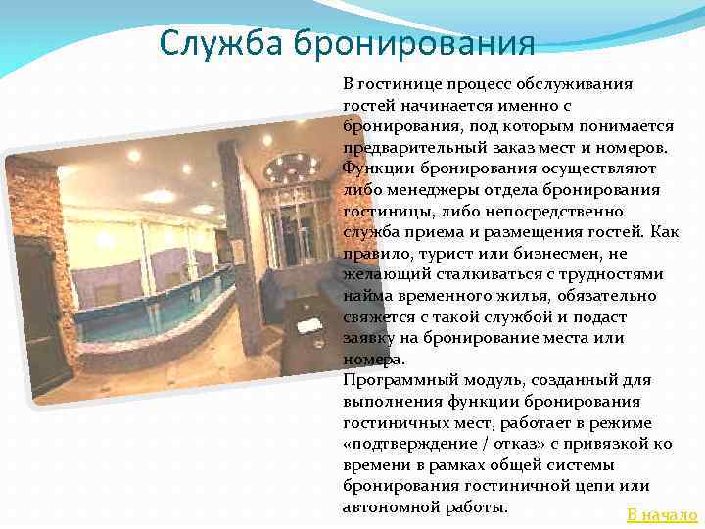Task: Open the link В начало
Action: click(662, 515)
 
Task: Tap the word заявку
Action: click(369, 338)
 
